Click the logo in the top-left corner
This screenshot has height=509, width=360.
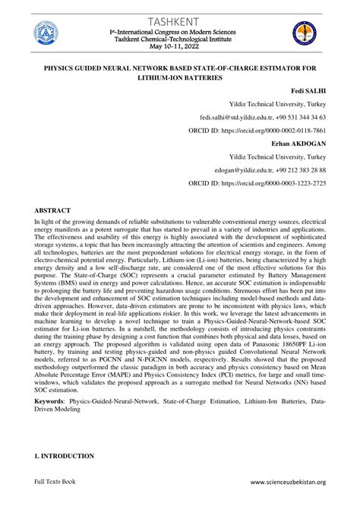tap(46, 34)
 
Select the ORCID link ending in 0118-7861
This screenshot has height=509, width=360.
tap(283, 130)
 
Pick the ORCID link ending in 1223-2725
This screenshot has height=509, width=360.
tap(283, 183)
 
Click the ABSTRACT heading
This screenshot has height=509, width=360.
tap(52, 209)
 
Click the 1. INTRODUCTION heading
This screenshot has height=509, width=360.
tap(63, 456)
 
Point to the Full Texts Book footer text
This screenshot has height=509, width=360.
tap(55, 482)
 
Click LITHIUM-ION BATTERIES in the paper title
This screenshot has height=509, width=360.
tap(180, 77)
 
